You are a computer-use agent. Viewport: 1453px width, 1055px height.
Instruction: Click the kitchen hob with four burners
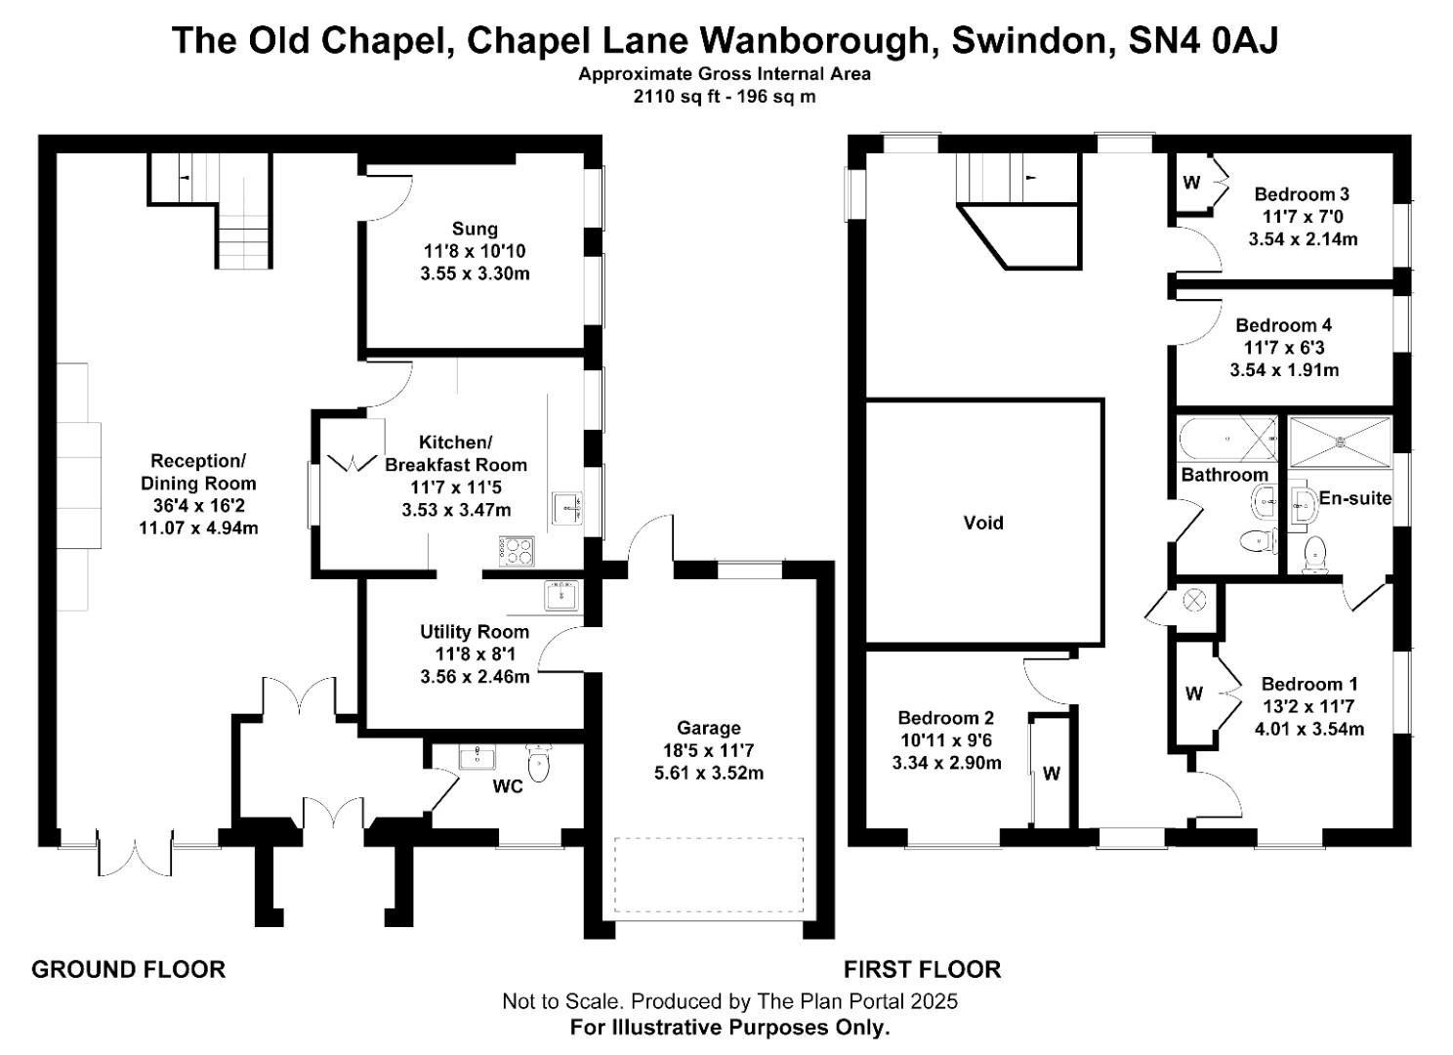pyautogui.click(x=518, y=551)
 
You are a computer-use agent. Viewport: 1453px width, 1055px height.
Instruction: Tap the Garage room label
pyautogui.click(x=708, y=728)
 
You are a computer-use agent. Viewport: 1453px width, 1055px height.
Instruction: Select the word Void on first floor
pyautogui.click(x=982, y=523)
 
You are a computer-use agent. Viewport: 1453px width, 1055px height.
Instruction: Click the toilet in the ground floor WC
pyautogui.click(x=538, y=764)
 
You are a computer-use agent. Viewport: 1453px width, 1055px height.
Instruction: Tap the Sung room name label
pyautogui.click(x=475, y=229)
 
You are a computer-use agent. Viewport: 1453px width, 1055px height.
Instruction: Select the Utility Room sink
pyautogui.click(x=561, y=594)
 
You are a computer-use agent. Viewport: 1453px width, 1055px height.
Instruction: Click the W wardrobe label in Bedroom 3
pyautogui.click(x=1190, y=183)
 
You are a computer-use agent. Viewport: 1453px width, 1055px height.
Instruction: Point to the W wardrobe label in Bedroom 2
pyautogui.click(x=1051, y=774)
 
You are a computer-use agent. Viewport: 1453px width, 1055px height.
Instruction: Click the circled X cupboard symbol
pyautogui.click(x=1194, y=600)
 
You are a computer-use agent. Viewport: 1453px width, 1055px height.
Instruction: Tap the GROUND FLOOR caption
pyautogui.click(x=128, y=969)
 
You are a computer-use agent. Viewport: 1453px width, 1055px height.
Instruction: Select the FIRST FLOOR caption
pyautogui.click(x=922, y=969)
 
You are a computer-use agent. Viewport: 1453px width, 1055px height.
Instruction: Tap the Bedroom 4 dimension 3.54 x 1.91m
pyautogui.click(x=1283, y=370)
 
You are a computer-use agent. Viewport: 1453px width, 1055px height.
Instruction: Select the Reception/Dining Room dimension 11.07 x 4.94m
pyautogui.click(x=198, y=528)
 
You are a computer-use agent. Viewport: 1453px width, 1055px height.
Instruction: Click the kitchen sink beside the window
pyautogui.click(x=566, y=508)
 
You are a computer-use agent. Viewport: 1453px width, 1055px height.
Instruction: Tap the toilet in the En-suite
pyautogui.click(x=1314, y=555)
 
